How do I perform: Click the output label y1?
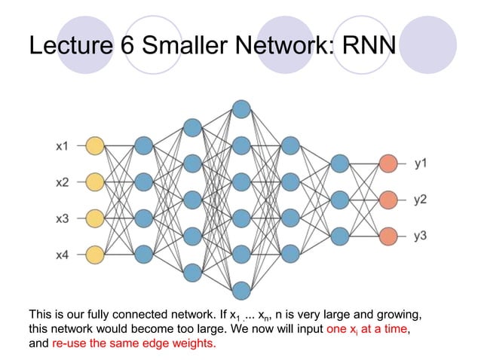click(421, 163)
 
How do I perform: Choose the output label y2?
click(421, 200)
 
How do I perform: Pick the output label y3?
click(421, 236)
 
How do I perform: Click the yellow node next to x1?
click(94, 145)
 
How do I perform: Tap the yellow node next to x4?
click(94, 255)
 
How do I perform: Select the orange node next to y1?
click(388, 163)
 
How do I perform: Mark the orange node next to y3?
click(388, 236)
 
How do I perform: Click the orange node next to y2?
click(388, 200)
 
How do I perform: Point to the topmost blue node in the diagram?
click(241, 108)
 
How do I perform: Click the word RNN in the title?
click(368, 46)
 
